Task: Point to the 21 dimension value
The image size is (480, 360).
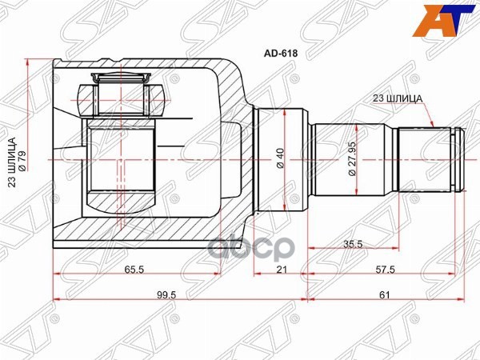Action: point(281,270)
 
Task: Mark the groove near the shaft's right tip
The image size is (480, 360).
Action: point(455,160)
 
